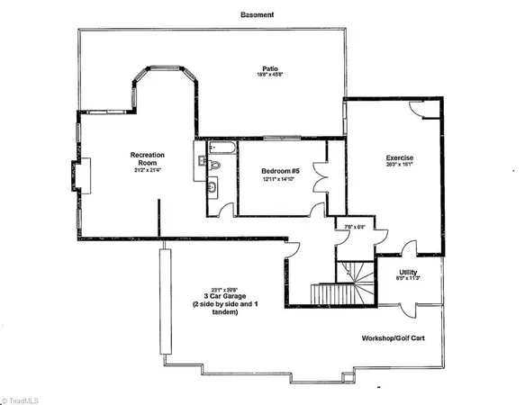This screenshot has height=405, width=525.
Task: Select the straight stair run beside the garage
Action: point(323,294)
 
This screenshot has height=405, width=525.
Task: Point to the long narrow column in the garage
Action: point(164,302)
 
